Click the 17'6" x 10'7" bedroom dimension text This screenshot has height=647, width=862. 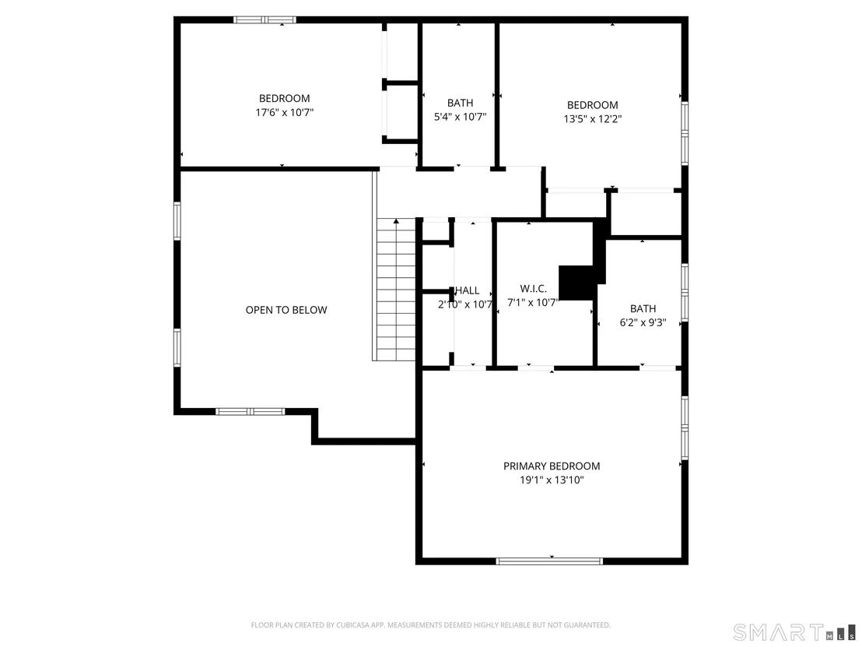(x=284, y=113)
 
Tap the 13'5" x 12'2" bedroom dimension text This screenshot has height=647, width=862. (x=593, y=119)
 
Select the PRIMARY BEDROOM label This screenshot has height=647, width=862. (x=552, y=466)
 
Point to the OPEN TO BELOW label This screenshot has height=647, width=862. (x=286, y=310)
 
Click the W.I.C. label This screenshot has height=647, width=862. (x=533, y=288)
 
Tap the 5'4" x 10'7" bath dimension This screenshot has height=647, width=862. (x=460, y=117)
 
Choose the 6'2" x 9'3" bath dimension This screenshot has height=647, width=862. (x=643, y=322)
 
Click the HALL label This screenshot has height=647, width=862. (x=468, y=290)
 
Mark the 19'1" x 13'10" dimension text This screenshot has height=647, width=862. (x=552, y=480)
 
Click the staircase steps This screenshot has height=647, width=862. (x=396, y=290)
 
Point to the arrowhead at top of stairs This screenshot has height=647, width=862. (x=396, y=221)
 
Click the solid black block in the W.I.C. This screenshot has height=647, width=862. (x=576, y=283)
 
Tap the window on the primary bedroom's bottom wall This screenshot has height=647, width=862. (x=549, y=561)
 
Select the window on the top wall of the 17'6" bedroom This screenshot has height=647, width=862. (x=265, y=19)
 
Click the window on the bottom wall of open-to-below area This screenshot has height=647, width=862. (x=251, y=412)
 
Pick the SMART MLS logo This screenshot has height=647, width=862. (x=794, y=633)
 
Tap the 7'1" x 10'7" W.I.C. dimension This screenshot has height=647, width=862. (x=532, y=303)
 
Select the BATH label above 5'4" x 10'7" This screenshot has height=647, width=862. (x=460, y=103)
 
